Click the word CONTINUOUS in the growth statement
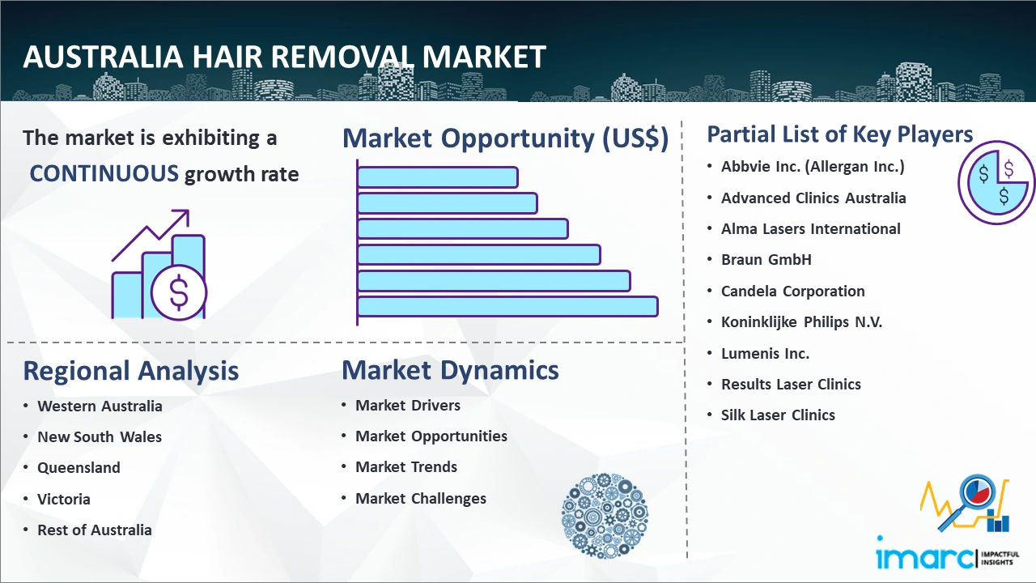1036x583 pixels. click(x=104, y=174)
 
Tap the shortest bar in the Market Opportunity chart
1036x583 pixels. click(x=438, y=177)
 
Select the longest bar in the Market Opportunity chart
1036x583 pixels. click(x=507, y=307)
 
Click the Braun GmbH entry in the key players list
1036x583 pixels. click(x=766, y=260)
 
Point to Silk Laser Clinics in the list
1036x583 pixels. click(x=778, y=415)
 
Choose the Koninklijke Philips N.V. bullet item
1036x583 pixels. click(x=801, y=322)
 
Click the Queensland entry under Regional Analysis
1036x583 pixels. click(x=79, y=468)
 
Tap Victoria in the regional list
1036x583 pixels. click(x=64, y=500)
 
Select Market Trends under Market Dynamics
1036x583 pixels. click(x=406, y=467)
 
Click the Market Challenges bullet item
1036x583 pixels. click(x=420, y=498)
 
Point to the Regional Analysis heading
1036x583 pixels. click(x=131, y=371)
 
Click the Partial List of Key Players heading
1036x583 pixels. click(x=840, y=134)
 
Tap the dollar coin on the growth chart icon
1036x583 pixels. click(x=179, y=293)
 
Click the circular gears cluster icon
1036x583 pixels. click(x=605, y=515)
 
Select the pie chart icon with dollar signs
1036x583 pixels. click(x=996, y=182)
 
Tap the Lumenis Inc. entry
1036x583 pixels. click(x=765, y=354)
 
